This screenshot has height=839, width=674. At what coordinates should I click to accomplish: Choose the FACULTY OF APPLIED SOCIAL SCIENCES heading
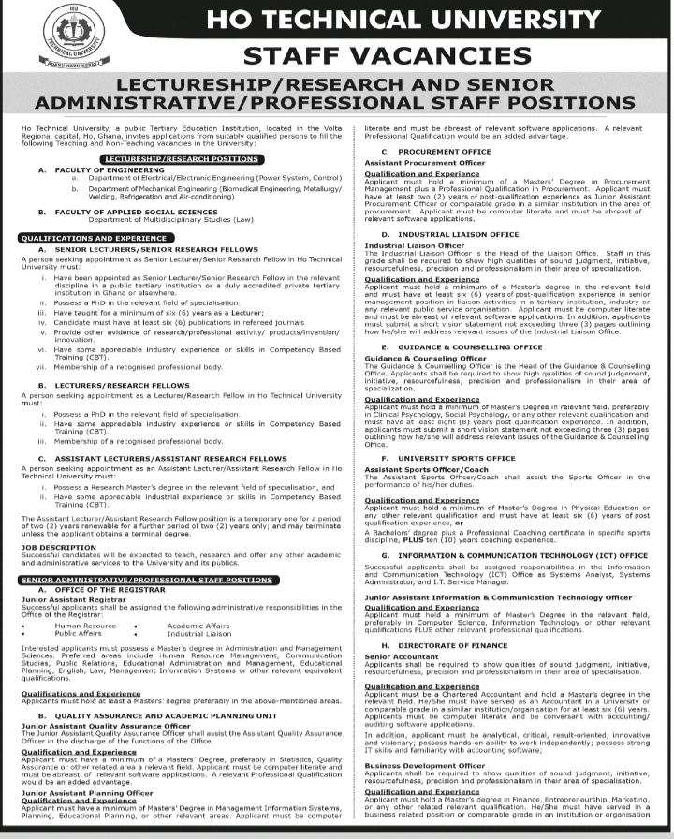[x=126, y=212]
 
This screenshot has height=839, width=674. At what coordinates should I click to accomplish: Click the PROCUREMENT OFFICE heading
[x=442, y=152]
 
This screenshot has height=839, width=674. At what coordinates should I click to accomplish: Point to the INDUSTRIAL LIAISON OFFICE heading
[x=458, y=234]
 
